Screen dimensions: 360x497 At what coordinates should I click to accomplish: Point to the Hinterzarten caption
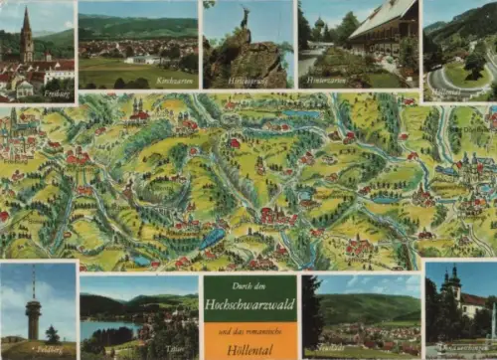[x=325, y=79]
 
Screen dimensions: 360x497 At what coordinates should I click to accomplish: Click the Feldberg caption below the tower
[x=49, y=351]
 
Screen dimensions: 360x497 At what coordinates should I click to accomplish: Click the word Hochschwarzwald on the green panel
[x=249, y=299]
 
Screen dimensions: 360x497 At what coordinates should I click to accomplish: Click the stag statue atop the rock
[x=244, y=17]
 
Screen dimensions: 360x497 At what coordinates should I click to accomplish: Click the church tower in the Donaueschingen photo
[x=454, y=288]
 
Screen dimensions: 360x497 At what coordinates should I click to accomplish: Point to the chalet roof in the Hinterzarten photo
[x=383, y=15]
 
